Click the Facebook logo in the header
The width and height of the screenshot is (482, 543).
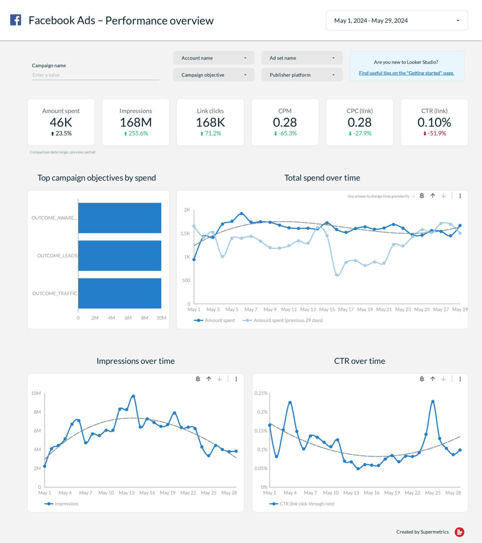click(16, 20)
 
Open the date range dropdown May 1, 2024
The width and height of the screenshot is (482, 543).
click(396, 20)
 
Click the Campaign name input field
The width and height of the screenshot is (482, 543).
click(95, 75)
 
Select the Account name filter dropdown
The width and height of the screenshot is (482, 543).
click(214, 58)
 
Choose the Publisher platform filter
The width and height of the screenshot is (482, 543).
click(302, 75)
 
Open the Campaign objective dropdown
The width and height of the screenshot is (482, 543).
click(214, 75)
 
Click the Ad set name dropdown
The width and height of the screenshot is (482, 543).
click(302, 58)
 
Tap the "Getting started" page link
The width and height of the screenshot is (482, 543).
click(406, 73)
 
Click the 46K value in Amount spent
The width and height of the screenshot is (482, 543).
click(61, 122)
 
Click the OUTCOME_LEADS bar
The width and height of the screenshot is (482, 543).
click(120, 255)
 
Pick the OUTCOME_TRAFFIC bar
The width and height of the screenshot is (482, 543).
click(120, 293)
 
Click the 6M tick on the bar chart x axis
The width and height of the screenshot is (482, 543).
click(128, 318)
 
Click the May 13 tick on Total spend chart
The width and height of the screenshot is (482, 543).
click(308, 309)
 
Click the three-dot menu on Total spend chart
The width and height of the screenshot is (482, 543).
click(460, 196)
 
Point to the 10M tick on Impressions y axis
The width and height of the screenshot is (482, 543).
click(36, 393)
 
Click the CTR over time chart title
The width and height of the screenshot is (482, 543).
click(359, 361)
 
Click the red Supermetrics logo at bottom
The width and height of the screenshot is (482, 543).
click(459, 532)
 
